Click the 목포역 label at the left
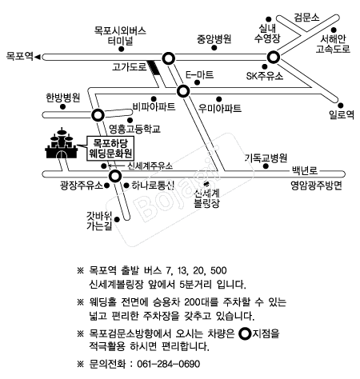pyautogui.click(x=20, y=56)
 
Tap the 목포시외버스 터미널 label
pyautogui.click(x=120, y=36)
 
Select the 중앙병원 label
pyautogui.click(x=214, y=39)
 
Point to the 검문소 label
pyautogui.click(x=306, y=18)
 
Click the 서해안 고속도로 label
pyautogui.click(x=333, y=44)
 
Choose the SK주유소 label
pyautogui.click(x=265, y=76)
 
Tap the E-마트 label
pyautogui.click(x=199, y=75)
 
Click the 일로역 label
pyautogui.click(x=342, y=115)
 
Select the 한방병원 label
pyautogui.click(x=63, y=98)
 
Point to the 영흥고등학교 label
pyautogui.click(x=134, y=129)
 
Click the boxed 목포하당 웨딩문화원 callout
pyautogui.click(x=110, y=149)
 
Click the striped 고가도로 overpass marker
pyautogui.click(x=154, y=67)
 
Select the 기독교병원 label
pyautogui.click(x=266, y=158)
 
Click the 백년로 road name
pyautogui.click(x=305, y=170)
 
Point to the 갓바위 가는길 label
pyautogui.click(x=99, y=221)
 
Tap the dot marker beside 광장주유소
pyautogui.click(x=106, y=186)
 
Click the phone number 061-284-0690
pyautogui.click(x=169, y=364)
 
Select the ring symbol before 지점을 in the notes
pyautogui.click(x=245, y=333)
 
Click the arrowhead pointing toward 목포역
pyautogui.click(x=38, y=57)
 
